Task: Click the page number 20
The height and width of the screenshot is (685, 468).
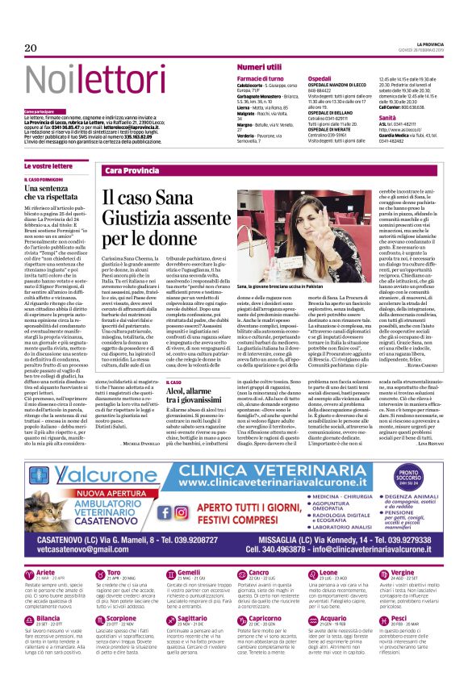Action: tap(31, 48)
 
